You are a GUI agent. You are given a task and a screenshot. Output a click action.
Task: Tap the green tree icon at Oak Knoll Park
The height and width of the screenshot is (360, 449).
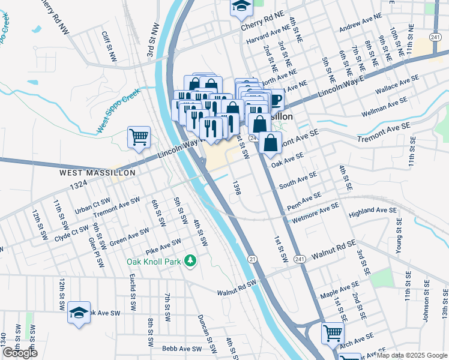point(190,260)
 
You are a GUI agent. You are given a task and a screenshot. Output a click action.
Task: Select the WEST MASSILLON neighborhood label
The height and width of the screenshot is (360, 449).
point(97,172)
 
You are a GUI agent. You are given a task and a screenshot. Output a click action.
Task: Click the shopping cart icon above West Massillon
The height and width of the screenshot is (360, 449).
point(139,137)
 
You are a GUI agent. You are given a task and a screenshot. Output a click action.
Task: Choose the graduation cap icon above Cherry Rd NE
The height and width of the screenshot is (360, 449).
point(241,7)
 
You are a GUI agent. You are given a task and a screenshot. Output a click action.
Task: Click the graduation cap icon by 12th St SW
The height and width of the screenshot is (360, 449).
point(79,313)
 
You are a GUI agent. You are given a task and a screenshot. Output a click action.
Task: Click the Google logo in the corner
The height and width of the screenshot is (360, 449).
point(20,353)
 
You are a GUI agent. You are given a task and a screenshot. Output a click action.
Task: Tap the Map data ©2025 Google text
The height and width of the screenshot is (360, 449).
point(411,355)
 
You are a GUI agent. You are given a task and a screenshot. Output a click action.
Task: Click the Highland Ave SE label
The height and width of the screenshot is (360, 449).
point(373,212)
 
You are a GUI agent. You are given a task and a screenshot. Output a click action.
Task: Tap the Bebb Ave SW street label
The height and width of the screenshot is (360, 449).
point(181,349)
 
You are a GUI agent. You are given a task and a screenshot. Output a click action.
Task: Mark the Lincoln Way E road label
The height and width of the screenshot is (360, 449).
point(342,83)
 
